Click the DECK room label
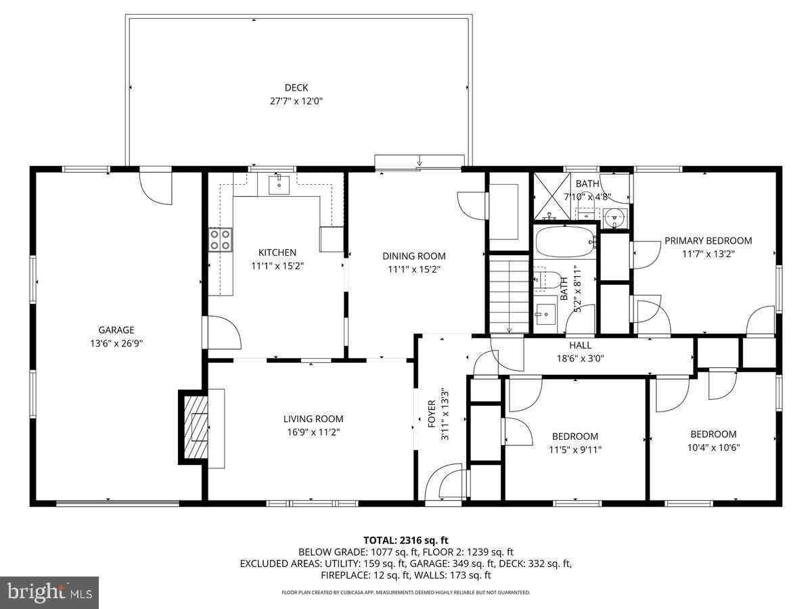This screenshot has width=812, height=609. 296,87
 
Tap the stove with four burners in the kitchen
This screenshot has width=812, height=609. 220,239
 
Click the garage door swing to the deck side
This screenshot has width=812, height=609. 156,187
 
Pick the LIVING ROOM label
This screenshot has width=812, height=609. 313,419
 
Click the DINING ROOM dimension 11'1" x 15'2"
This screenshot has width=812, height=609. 413,269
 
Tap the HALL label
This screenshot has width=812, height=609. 580,345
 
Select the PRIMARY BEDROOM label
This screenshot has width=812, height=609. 708,240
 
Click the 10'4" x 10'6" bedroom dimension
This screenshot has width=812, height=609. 713,447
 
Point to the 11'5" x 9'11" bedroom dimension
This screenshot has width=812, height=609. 574,449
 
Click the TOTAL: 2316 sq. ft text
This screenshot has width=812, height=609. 406,540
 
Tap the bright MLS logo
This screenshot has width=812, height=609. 49,593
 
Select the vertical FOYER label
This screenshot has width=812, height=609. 432,414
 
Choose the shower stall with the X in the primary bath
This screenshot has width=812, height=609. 553,196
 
